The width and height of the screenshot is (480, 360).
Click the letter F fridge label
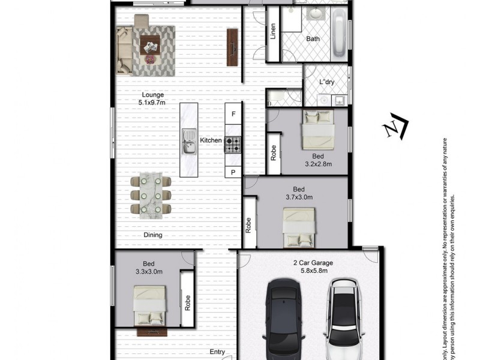(x=233, y=113)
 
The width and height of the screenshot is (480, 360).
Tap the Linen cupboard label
(x=274, y=31)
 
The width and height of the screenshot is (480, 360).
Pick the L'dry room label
(x=326, y=82)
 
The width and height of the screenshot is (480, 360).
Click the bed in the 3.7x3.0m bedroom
(x=299, y=227)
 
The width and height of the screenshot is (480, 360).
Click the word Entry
(x=217, y=352)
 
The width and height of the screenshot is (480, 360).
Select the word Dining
(x=153, y=235)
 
